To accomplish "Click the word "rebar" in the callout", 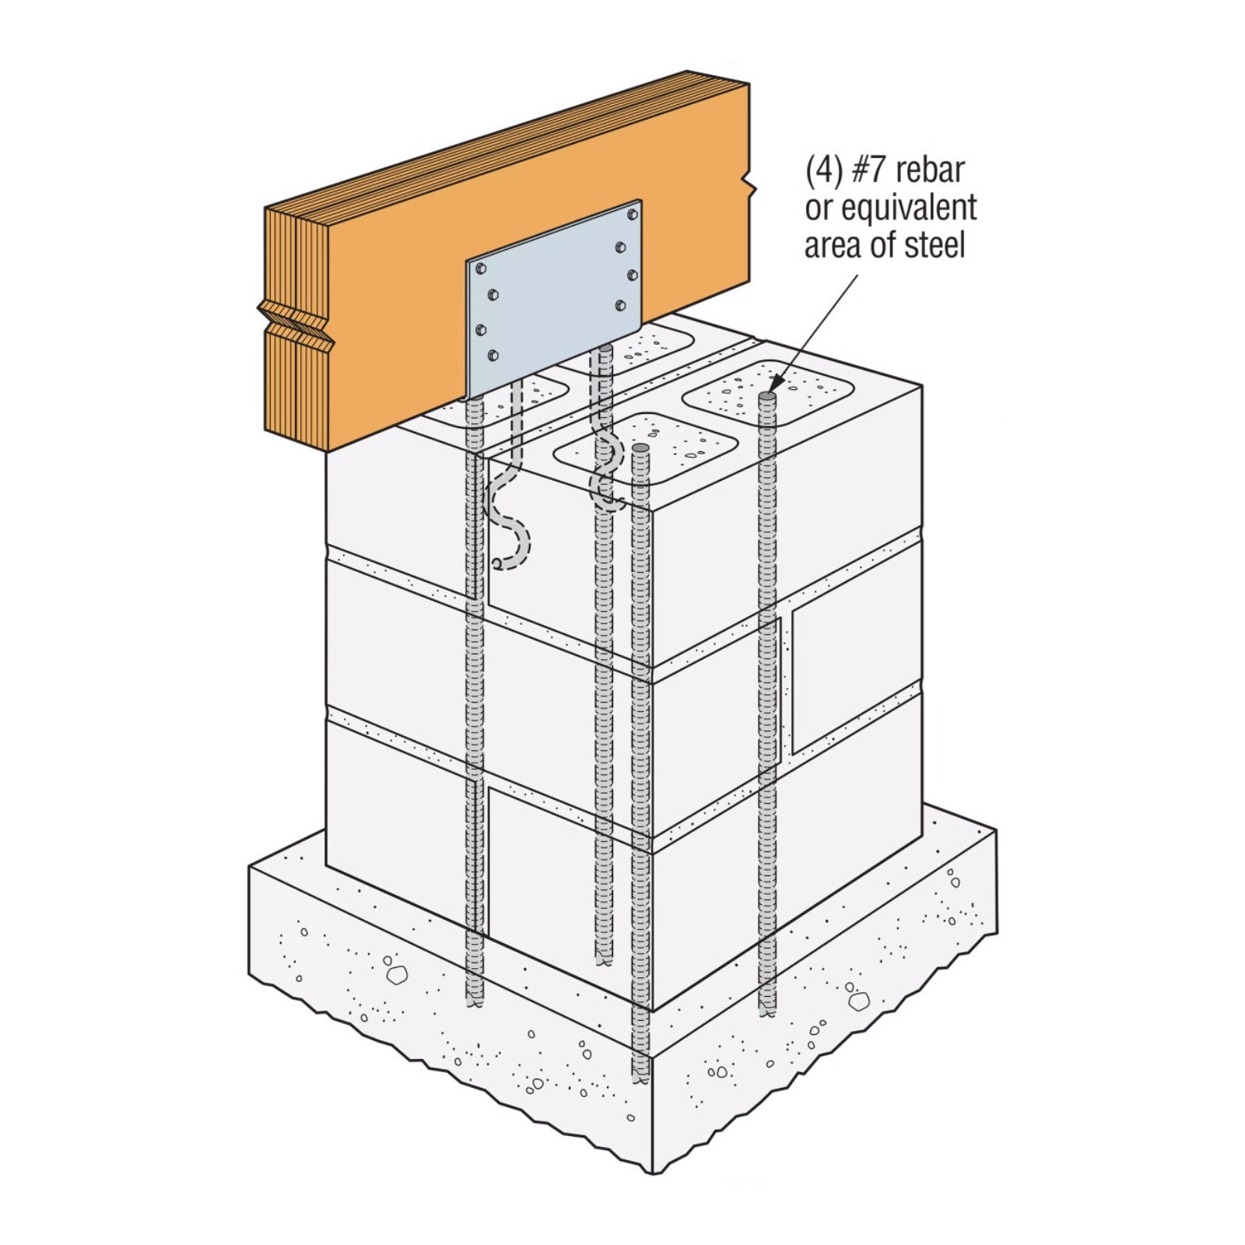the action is tap(928, 170).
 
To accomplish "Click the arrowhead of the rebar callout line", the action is tap(775, 386).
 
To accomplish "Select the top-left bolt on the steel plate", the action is tap(480, 268).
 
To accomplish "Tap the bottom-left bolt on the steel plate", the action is tap(493, 356).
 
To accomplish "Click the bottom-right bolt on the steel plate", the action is tap(620, 304).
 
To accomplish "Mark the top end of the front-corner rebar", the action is tap(640, 449).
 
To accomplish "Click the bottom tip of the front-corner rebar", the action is tap(640, 1082).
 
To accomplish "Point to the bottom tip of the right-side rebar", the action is tap(767, 1011).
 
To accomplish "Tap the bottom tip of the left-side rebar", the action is tap(474, 1004).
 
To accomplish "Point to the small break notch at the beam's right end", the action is tap(749, 185).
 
